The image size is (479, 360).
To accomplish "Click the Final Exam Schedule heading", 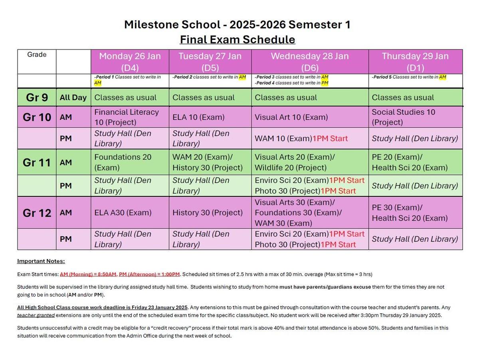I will pyautogui.click(x=238, y=40).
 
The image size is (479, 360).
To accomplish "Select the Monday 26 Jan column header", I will pyautogui.click(x=130, y=61).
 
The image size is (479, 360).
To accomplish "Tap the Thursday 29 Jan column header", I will pyautogui.click(x=415, y=61).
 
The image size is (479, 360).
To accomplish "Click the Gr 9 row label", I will pyautogui.click(x=37, y=97).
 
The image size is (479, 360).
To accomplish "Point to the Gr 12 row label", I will pyautogui.click(x=37, y=213).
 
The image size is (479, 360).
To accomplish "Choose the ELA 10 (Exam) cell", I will pyautogui.click(x=198, y=117).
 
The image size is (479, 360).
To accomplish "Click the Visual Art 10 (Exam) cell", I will pyautogui.click(x=291, y=117).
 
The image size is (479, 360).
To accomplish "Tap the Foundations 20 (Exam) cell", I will pyautogui.click(x=123, y=162).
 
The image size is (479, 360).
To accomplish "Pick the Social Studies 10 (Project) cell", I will pyautogui.click(x=404, y=117).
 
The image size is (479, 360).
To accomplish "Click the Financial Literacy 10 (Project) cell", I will pyautogui.click(x=127, y=117).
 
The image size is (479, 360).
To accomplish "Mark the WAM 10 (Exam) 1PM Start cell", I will pyautogui.click(x=301, y=138).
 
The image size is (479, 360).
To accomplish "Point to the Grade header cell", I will pyautogui.click(x=37, y=55).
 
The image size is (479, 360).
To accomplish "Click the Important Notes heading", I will pyautogui.click(x=41, y=261).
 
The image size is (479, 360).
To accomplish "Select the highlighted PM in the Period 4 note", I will pyautogui.click(x=325, y=83).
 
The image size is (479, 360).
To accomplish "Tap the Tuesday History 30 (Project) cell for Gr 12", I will pyautogui.click(x=208, y=213).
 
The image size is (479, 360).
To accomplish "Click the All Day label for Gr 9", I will pyautogui.click(x=73, y=97).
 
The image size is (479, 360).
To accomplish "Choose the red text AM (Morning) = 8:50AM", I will pyautogui.click(x=88, y=274).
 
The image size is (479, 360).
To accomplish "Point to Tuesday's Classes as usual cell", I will pyautogui.click(x=204, y=97).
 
